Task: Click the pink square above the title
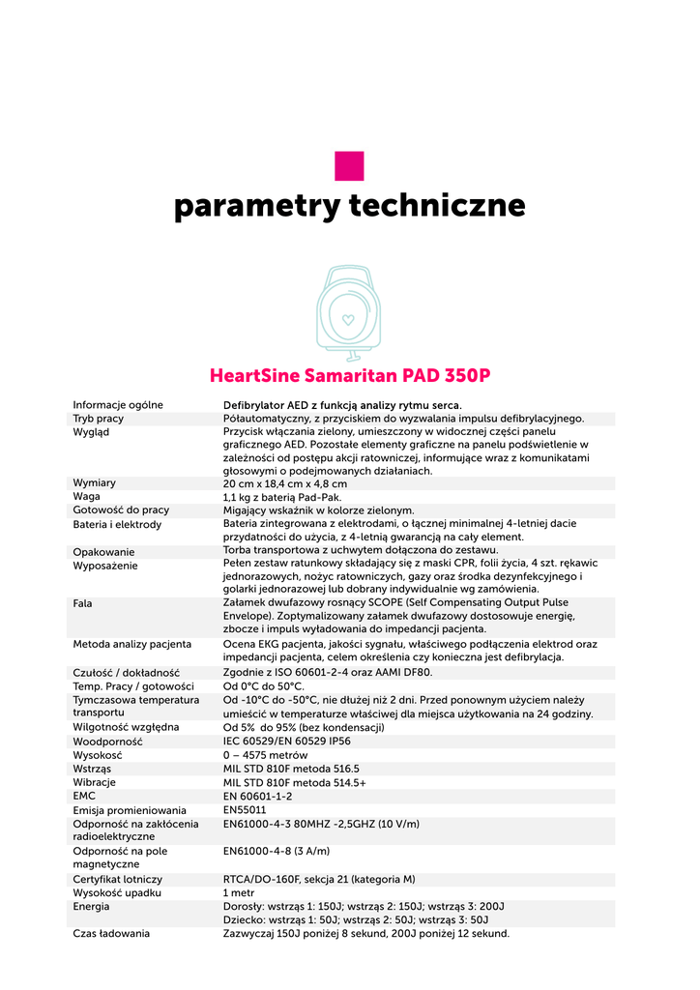click(x=349, y=165)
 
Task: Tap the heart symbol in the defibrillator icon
click(x=349, y=317)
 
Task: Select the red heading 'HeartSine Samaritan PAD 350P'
click(x=349, y=374)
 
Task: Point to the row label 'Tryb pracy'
click(x=98, y=419)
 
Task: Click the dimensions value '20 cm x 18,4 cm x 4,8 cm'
click(x=284, y=483)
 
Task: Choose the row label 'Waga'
click(x=87, y=497)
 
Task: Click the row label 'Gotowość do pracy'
click(x=121, y=510)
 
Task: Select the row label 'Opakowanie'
click(x=103, y=552)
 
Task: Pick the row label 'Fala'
click(x=83, y=602)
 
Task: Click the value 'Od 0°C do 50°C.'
click(x=264, y=686)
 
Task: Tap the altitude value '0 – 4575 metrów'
click(x=266, y=755)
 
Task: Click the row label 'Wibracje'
click(x=95, y=782)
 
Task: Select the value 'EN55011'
click(x=245, y=810)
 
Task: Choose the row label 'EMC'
click(x=84, y=796)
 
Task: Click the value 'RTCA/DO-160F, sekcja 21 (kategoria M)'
click(x=319, y=880)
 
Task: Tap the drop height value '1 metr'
click(x=239, y=893)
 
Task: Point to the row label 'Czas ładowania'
click(x=111, y=934)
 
